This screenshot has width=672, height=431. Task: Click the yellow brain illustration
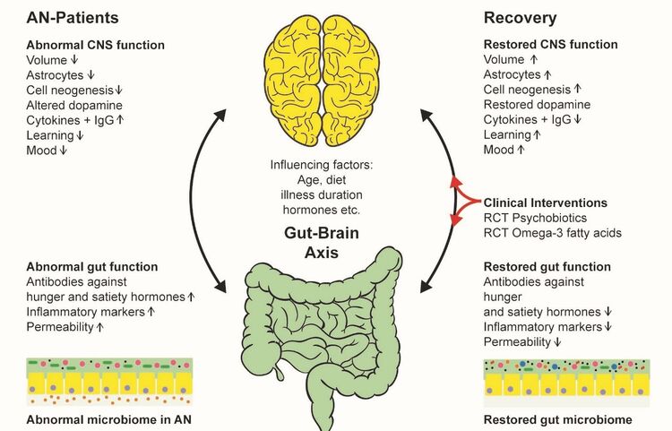(x=322, y=82)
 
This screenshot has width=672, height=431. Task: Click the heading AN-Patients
(x=73, y=18)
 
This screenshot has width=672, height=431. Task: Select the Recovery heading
(x=520, y=18)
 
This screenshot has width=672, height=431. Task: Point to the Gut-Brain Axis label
(x=322, y=243)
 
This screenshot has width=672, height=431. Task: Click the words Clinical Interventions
(x=545, y=203)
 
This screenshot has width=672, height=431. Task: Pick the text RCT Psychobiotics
(x=535, y=218)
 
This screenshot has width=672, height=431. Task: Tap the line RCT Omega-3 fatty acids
(x=553, y=233)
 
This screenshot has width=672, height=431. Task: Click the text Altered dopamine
(x=74, y=106)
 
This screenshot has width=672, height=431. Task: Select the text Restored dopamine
(x=537, y=105)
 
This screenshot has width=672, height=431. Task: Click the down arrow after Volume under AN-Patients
(x=74, y=59)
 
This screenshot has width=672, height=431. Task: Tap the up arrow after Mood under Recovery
(x=521, y=150)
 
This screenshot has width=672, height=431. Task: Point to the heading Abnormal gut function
(x=91, y=267)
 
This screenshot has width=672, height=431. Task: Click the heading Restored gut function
(x=547, y=267)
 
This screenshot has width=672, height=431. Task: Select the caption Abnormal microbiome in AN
(x=108, y=419)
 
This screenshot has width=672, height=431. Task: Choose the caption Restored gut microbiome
(x=557, y=419)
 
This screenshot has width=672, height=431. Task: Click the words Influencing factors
(x=322, y=165)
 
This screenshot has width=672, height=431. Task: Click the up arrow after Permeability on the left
(x=99, y=327)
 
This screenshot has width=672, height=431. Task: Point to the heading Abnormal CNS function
(x=95, y=45)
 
